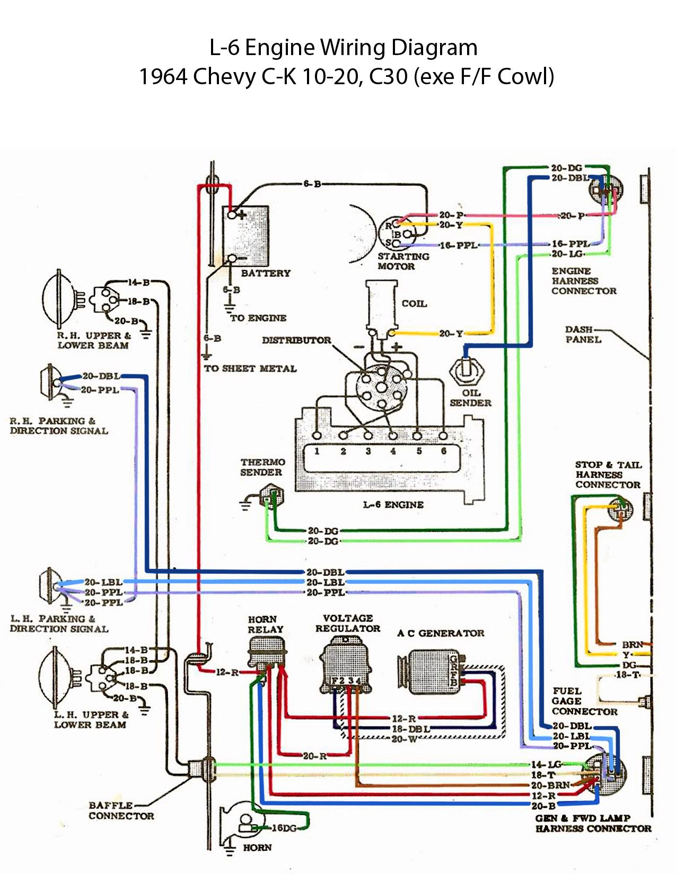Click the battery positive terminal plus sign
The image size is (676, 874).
(241, 215)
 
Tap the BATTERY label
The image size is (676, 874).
(266, 273)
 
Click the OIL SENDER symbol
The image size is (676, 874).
(467, 370)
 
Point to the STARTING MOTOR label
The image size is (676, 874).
(403, 261)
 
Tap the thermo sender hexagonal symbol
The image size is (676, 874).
(272, 497)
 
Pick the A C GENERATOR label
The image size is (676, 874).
(441, 633)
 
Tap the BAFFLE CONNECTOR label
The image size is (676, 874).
(120, 810)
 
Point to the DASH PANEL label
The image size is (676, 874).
(582, 334)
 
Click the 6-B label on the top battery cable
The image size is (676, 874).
(312, 184)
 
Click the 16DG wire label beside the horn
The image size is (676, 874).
(284, 828)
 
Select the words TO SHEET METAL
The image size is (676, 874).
(250, 369)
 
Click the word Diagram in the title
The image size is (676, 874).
(434, 48)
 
